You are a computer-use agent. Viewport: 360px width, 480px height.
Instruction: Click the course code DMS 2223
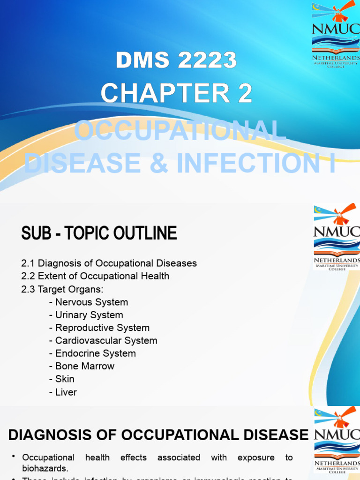[176, 60]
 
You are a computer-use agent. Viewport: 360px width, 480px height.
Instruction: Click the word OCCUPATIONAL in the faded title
[180, 130]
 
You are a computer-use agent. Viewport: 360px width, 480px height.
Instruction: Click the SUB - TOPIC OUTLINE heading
[99, 233]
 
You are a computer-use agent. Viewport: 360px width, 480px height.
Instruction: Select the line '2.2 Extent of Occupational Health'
[95, 276]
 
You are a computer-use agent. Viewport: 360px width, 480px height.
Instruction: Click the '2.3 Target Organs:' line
[62, 289]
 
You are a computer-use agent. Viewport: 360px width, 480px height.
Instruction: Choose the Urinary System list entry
[89, 315]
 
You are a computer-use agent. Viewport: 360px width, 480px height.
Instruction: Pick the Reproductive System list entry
[102, 328]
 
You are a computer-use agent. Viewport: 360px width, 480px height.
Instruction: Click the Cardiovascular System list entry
[105, 341]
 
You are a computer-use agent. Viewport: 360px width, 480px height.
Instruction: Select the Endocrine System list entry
[95, 353]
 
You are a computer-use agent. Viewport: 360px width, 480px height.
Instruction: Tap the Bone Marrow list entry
[84, 366]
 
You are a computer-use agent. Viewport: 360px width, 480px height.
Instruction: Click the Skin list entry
[64, 379]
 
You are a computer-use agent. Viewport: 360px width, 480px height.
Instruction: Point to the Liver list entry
[66, 392]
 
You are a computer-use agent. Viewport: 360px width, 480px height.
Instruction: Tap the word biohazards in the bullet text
[45, 468]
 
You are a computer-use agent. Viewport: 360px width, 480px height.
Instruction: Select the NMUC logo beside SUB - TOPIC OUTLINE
[337, 237]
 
